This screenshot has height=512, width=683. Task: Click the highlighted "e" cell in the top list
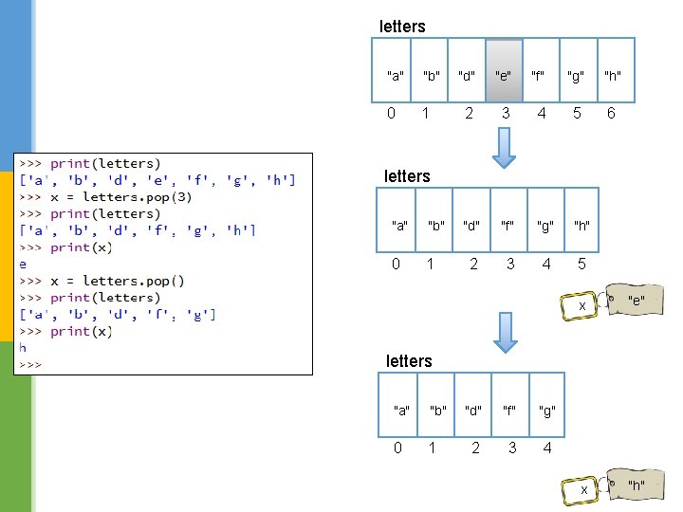(505, 74)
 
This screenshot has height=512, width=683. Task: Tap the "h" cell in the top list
(614, 75)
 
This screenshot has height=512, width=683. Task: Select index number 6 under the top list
(611, 113)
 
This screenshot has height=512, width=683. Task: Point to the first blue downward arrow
(506, 147)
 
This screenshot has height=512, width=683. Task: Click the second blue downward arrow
(506, 331)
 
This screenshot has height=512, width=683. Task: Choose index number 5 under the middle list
(581, 264)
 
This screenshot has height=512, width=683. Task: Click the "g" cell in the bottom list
(546, 411)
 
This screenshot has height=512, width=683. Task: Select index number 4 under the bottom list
(547, 448)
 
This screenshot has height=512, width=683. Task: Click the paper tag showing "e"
(635, 301)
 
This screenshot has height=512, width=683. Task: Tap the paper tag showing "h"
(635, 485)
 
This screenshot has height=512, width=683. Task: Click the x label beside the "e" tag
(582, 306)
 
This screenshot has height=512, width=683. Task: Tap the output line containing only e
(24, 265)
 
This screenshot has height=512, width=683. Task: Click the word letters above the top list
(402, 27)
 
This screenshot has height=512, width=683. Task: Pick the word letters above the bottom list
(409, 361)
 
